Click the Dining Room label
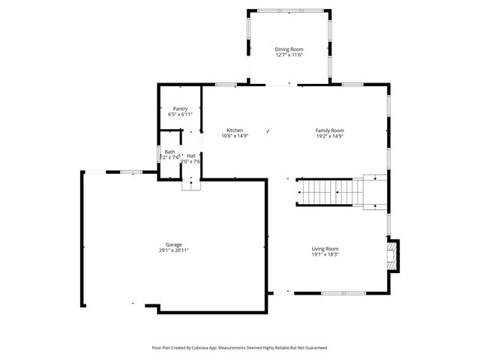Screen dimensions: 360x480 (x=289, y=49)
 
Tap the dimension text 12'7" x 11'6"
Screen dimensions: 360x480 (x=289, y=55)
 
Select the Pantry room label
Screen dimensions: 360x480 (x=180, y=109)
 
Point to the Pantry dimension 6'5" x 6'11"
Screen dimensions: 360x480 (x=180, y=115)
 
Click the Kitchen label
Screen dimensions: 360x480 (x=235, y=130)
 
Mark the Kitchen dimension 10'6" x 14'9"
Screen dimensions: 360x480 (x=235, y=136)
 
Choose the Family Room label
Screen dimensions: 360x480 (x=329, y=130)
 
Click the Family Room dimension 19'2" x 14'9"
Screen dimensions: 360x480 (x=329, y=136)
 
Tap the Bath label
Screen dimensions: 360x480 (x=170, y=151)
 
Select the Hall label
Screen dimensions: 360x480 (x=191, y=155)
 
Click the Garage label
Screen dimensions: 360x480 (x=173, y=244)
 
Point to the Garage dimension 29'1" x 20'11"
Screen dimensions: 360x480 (x=173, y=250)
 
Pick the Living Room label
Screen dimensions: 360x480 (x=325, y=248)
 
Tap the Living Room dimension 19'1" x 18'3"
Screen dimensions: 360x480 (x=325, y=254)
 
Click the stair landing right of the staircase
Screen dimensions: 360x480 (x=374, y=190)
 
